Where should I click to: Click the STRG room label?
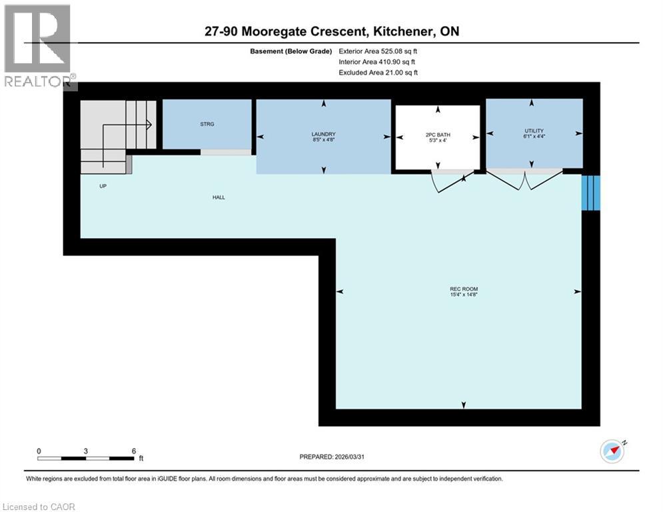click(207, 124)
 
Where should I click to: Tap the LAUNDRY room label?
click(323, 133)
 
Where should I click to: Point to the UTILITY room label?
click(534, 131)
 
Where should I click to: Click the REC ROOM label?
click(460, 289)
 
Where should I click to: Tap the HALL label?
click(219, 197)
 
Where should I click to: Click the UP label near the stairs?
click(103, 187)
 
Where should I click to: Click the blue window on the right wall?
click(591, 193)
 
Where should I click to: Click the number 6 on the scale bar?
click(134, 451)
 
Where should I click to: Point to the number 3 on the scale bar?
click(86, 451)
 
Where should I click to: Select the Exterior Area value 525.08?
click(392, 51)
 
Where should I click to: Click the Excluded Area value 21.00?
click(392, 73)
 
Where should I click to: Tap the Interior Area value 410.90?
click(390, 62)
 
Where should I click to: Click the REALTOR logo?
click(39, 47)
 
